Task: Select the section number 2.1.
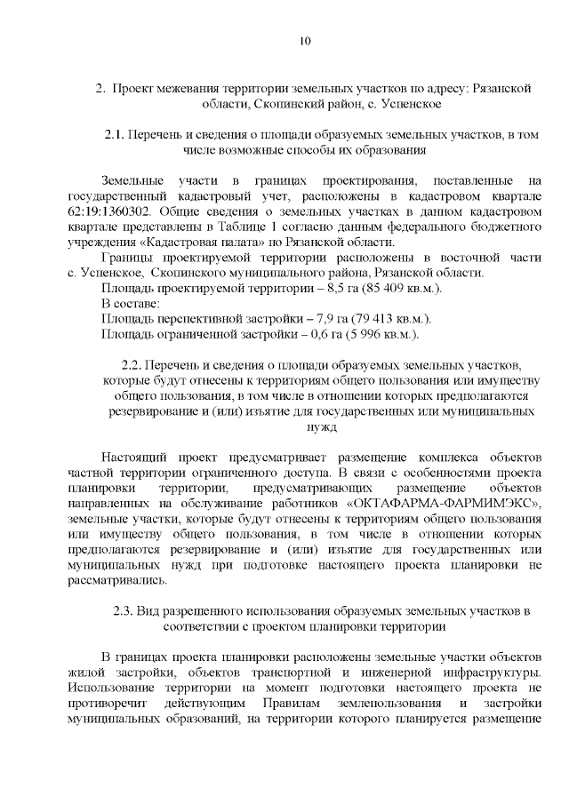pyautogui.click(x=116, y=134)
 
